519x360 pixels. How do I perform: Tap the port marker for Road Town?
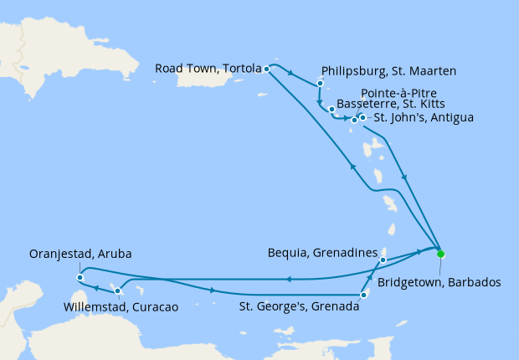[266, 69]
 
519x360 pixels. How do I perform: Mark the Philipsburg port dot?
[320, 84]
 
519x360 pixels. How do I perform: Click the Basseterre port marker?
[332, 110]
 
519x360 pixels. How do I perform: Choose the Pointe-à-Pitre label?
[398, 93]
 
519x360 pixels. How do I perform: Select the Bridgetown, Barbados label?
[439, 283]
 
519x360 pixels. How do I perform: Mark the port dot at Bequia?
[383, 260]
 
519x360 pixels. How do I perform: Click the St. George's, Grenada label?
[301, 307]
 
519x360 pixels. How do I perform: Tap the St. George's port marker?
[363, 295]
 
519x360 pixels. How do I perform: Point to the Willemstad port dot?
[117, 291]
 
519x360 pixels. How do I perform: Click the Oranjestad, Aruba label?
[80, 254]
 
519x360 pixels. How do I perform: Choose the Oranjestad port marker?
[80, 277]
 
